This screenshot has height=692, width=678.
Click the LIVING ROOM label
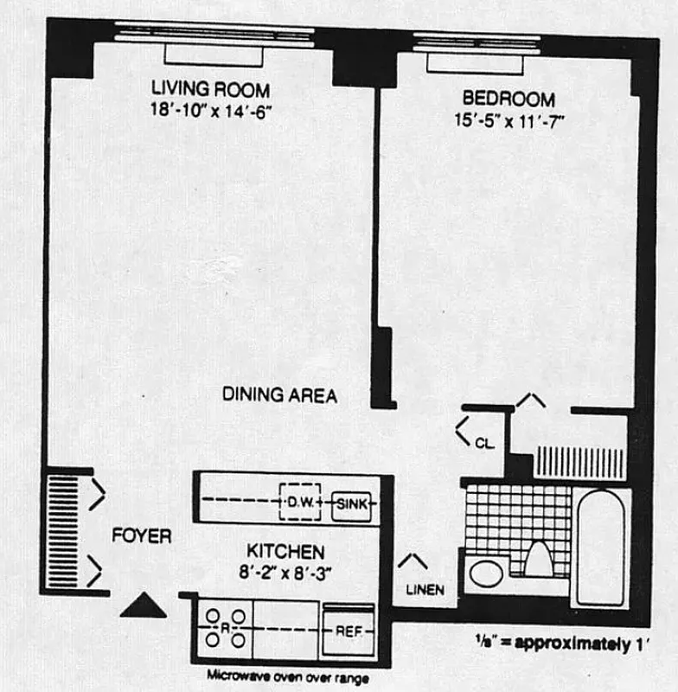coord(210,89)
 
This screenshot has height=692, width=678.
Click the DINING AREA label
coord(279,395)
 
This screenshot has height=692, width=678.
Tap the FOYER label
coord(141,536)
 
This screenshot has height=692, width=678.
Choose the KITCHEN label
coord(285,551)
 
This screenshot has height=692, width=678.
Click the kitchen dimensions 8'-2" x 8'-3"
coord(285,570)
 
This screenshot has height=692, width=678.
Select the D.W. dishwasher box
coord(299,502)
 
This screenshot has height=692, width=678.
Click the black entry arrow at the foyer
coord(143,606)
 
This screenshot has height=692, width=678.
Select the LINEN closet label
coord(425,591)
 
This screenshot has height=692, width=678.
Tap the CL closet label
coord(484,444)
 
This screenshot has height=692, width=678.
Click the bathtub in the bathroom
coord(599,547)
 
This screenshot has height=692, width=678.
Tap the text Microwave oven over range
coord(287,677)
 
